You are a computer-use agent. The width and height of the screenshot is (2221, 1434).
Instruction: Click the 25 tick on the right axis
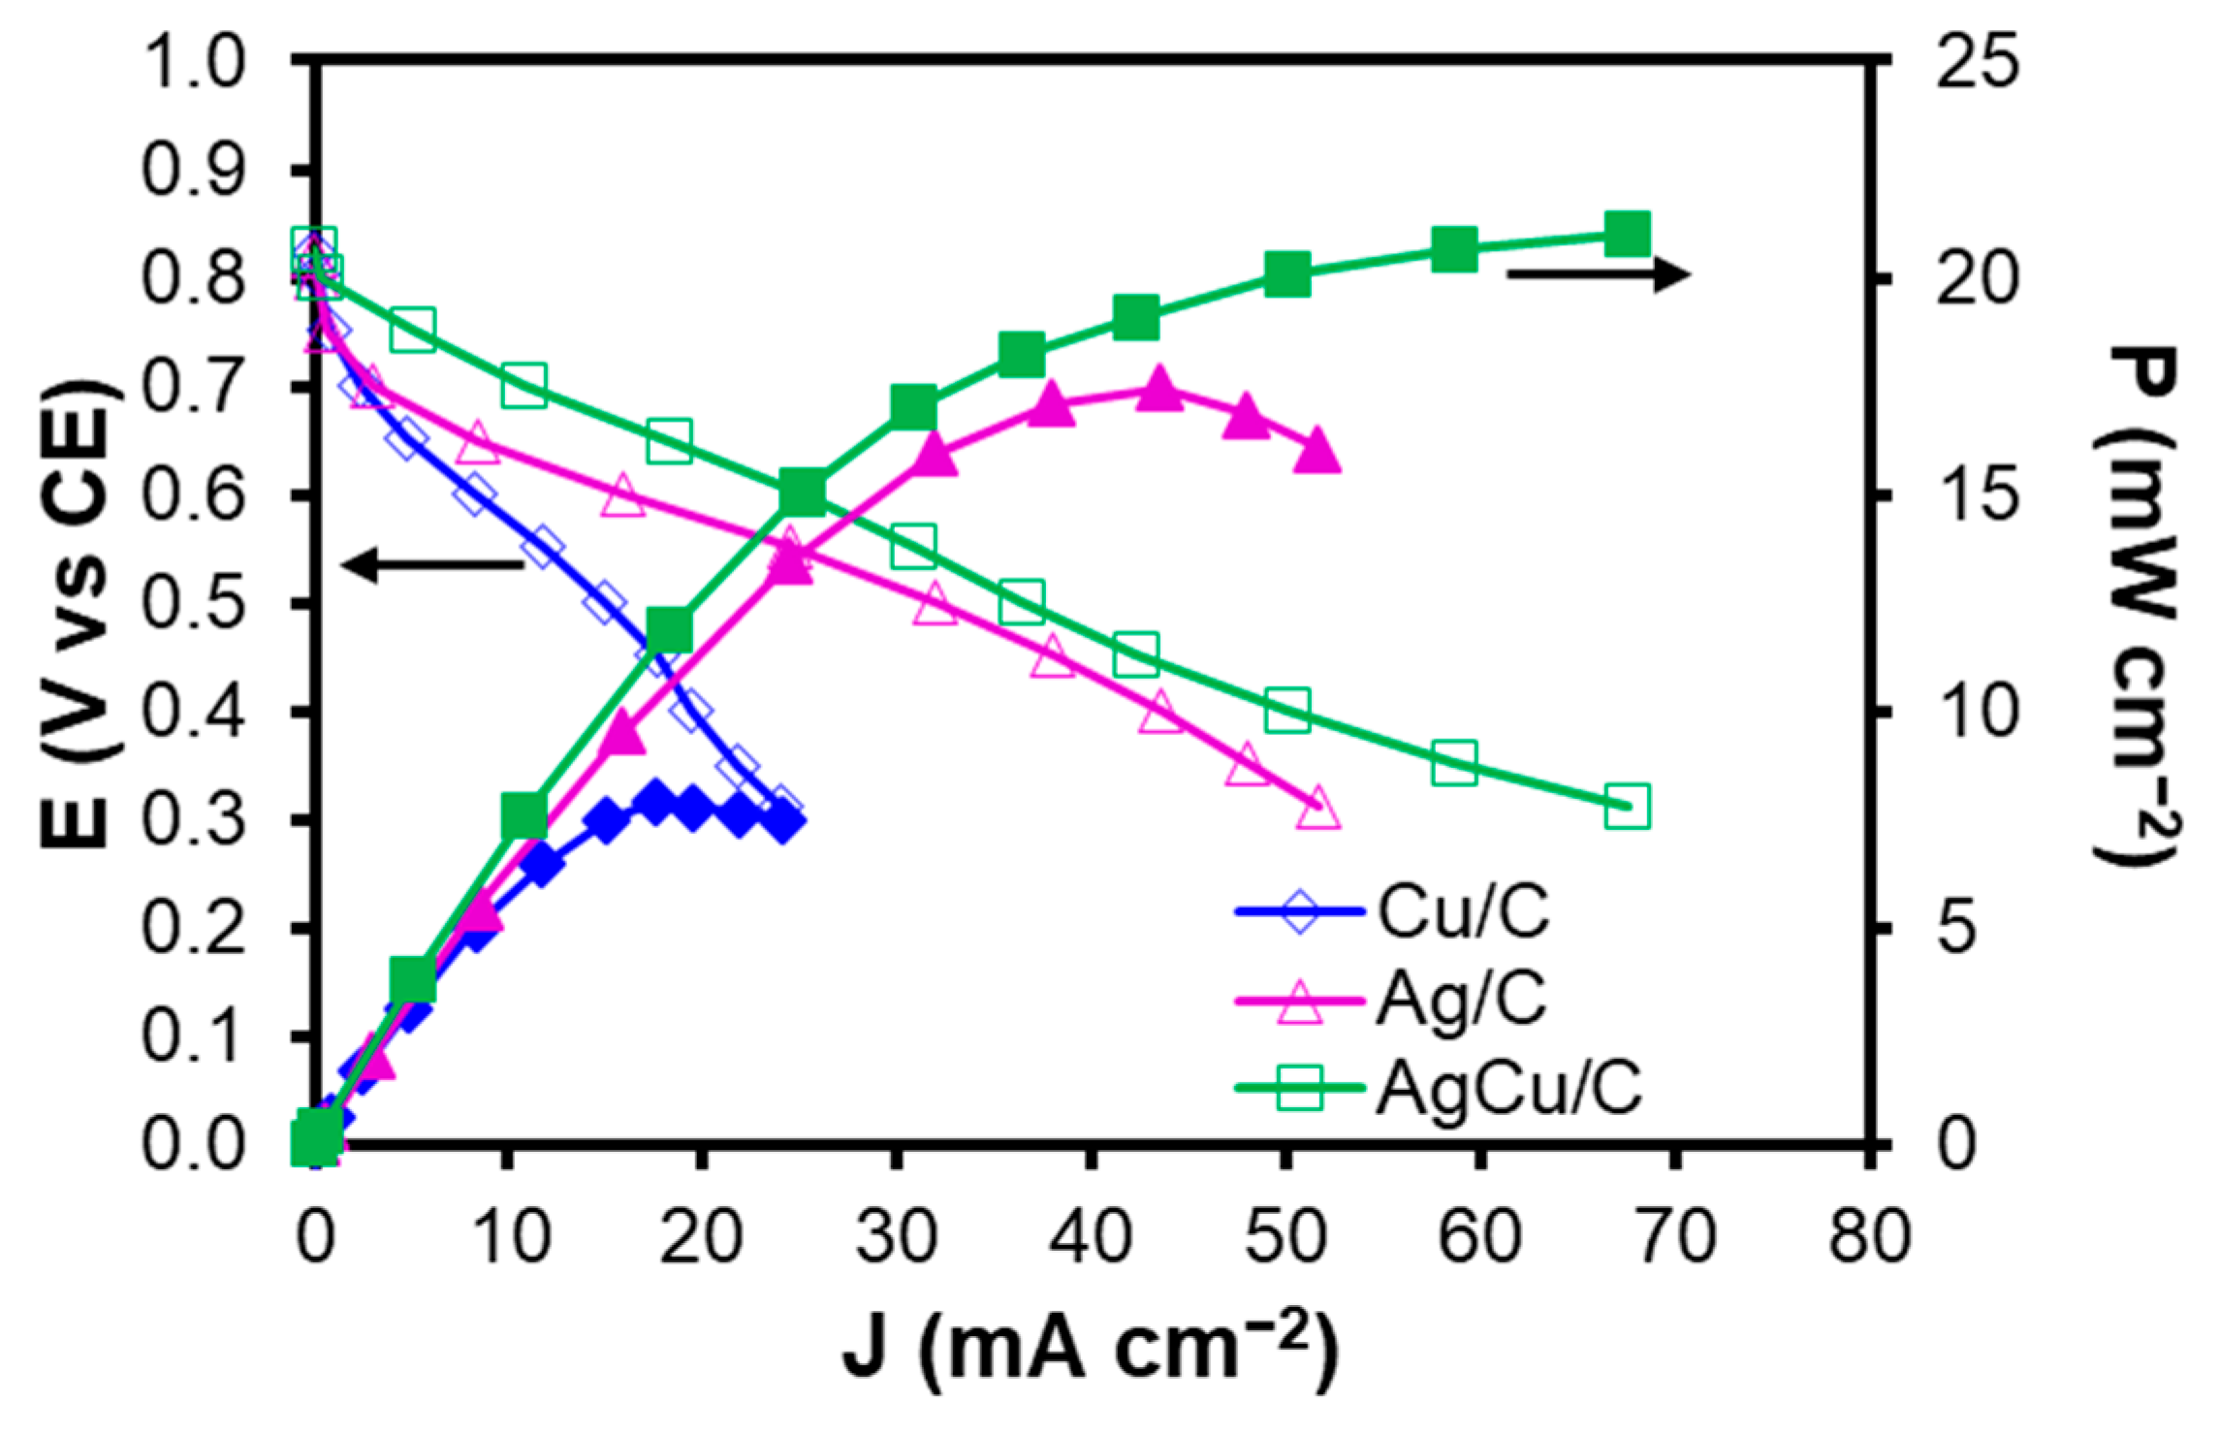click(x=1978, y=61)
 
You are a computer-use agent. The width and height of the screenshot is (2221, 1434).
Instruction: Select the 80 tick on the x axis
click(x=1869, y=1236)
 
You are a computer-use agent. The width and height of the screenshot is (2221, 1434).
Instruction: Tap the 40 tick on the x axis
click(x=1092, y=1236)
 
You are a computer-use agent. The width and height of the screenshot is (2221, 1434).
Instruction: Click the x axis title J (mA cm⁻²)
click(x=1092, y=1350)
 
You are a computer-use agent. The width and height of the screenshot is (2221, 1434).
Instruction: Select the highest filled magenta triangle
click(x=1158, y=390)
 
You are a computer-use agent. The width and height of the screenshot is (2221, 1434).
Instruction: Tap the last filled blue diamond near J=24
click(x=783, y=821)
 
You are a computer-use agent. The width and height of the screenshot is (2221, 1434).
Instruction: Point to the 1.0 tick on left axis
click(x=193, y=63)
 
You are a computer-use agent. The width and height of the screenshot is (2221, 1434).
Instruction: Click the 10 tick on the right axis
click(x=1978, y=712)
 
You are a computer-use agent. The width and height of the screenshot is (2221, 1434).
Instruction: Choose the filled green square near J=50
click(x=1287, y=275)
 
